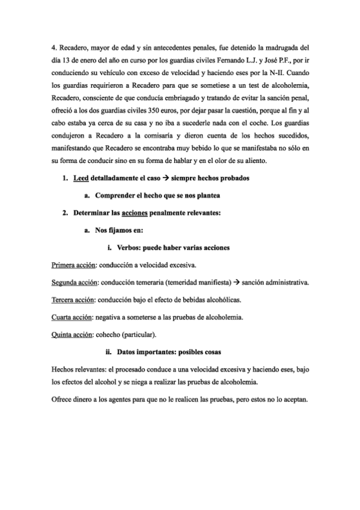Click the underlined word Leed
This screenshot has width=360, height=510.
(x=81, y=179)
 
